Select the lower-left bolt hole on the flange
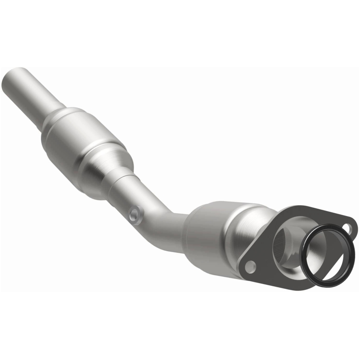[250, 266]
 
